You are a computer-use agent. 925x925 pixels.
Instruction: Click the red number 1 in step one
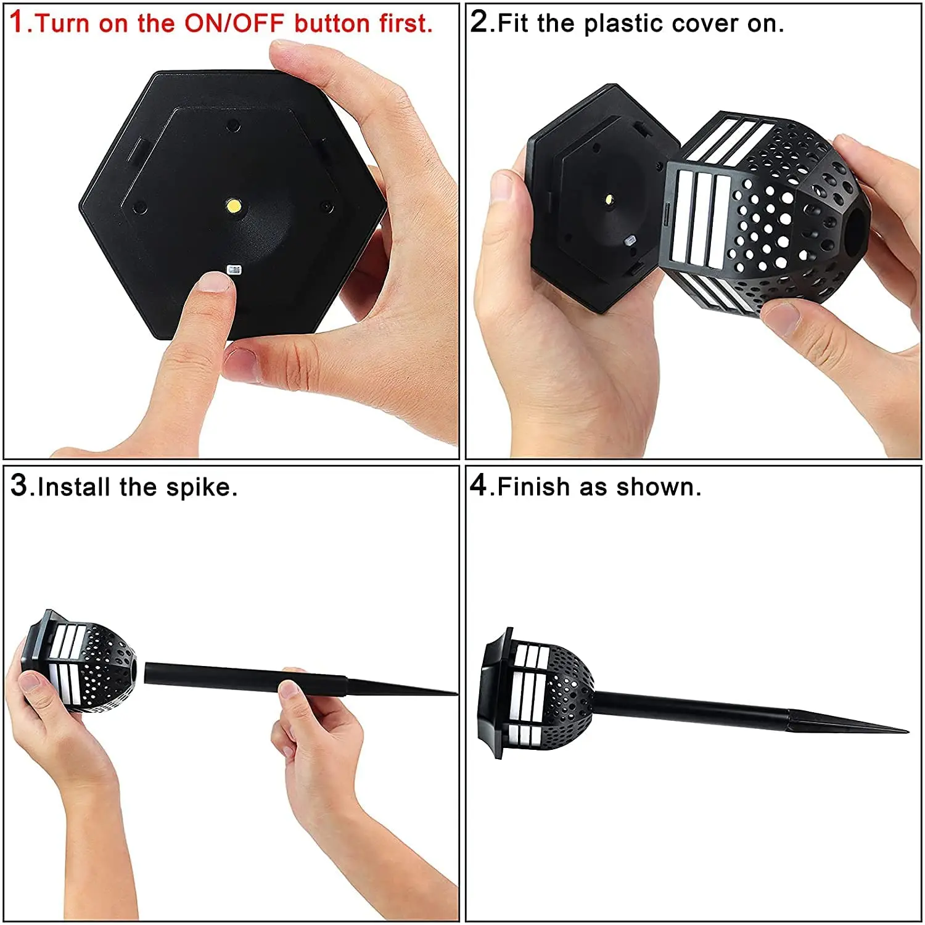[x=18, y=22]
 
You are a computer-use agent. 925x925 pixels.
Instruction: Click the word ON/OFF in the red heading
[x=234, y=23]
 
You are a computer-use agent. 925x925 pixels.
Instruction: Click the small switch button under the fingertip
[x=233, y=269]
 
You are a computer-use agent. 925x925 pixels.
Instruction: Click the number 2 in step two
[x=479, y=22]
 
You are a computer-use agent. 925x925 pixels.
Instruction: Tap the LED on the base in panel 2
[x=609, y=200]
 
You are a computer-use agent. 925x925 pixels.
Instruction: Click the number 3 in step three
[x=18, y=485]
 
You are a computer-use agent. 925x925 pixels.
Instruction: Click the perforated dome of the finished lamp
[x=567, y=691]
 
